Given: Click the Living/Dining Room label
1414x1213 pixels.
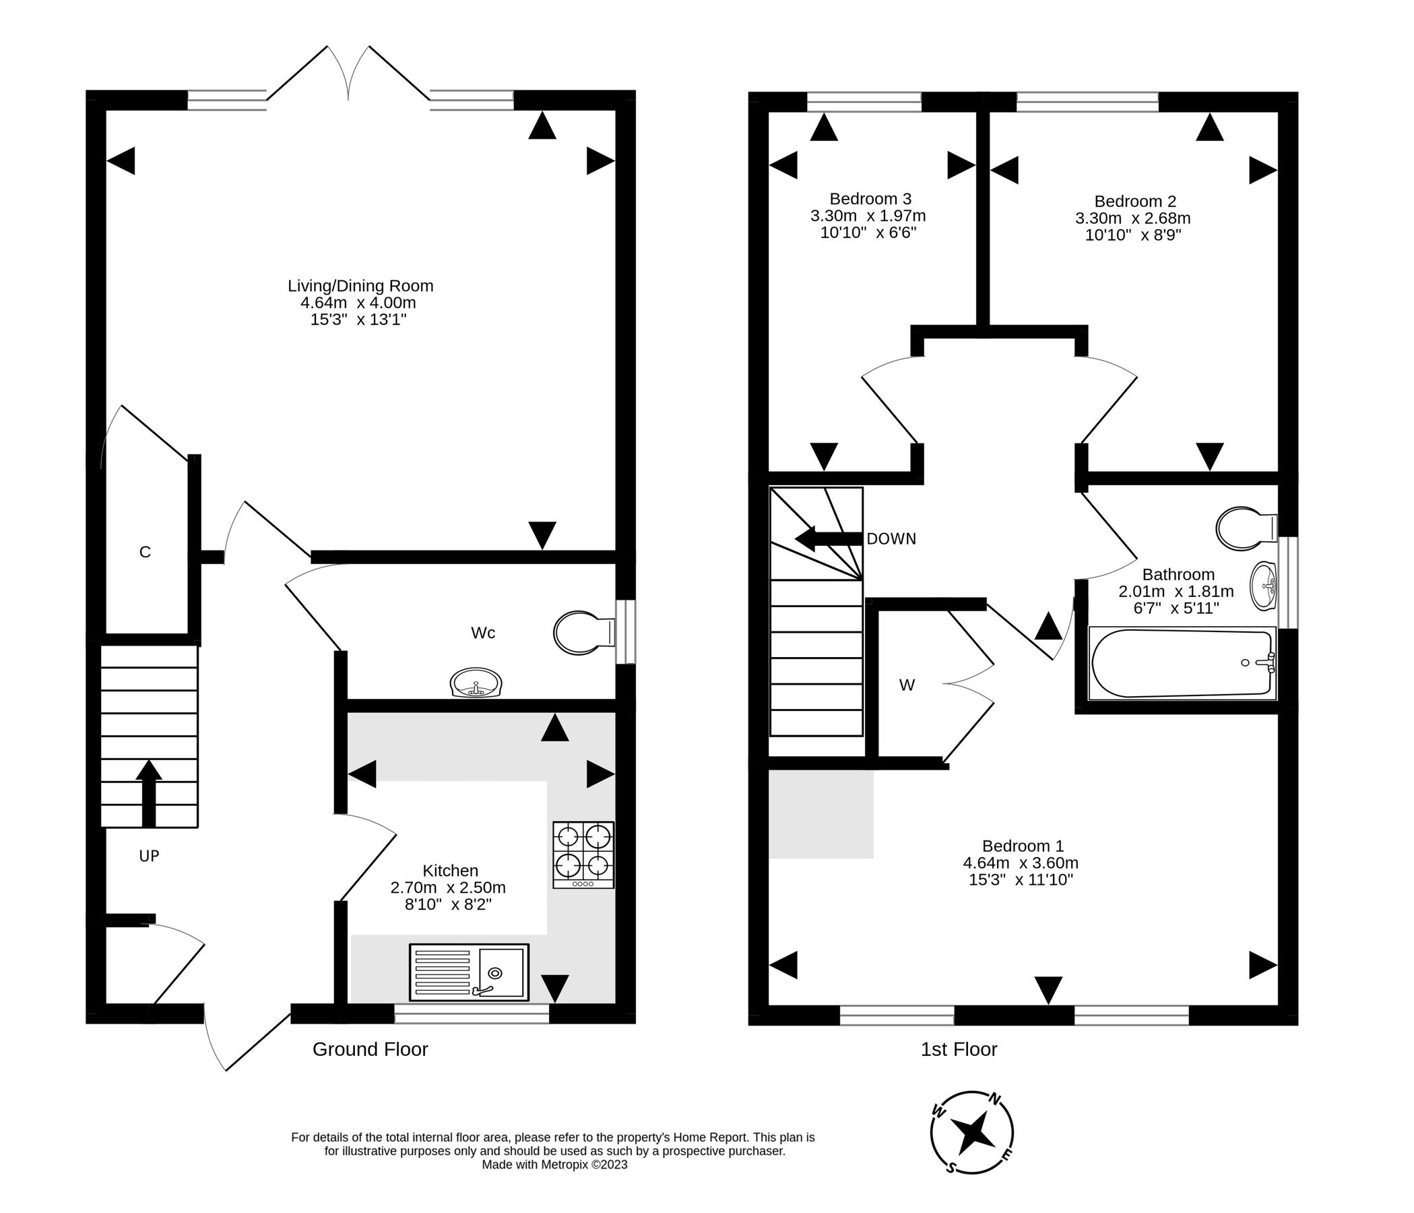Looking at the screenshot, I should point(360,286).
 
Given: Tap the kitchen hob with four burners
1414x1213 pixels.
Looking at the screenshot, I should point(583,854).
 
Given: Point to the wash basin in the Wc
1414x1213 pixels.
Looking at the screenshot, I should point(476,683).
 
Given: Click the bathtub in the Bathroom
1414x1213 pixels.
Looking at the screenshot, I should point(1182,663).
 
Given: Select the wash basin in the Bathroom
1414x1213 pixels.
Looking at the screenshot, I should point(1263,586).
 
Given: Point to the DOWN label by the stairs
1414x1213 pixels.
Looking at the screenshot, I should point(891,538).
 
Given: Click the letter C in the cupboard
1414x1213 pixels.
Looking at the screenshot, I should point(145,552).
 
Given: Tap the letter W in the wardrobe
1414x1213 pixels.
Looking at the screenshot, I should point(906,685).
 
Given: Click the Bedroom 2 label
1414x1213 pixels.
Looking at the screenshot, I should point(1135,201).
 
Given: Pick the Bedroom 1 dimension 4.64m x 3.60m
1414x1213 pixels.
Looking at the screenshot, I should point(1020,863).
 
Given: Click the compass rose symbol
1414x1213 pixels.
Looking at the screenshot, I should point(972,1133).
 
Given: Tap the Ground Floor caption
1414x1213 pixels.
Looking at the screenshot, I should point(370,1049).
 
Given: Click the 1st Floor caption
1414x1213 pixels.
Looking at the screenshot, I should point(958,1049).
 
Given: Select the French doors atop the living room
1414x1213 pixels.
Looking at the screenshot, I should point(348,75).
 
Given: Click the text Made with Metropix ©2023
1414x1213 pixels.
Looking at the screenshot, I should point(554,1165).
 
